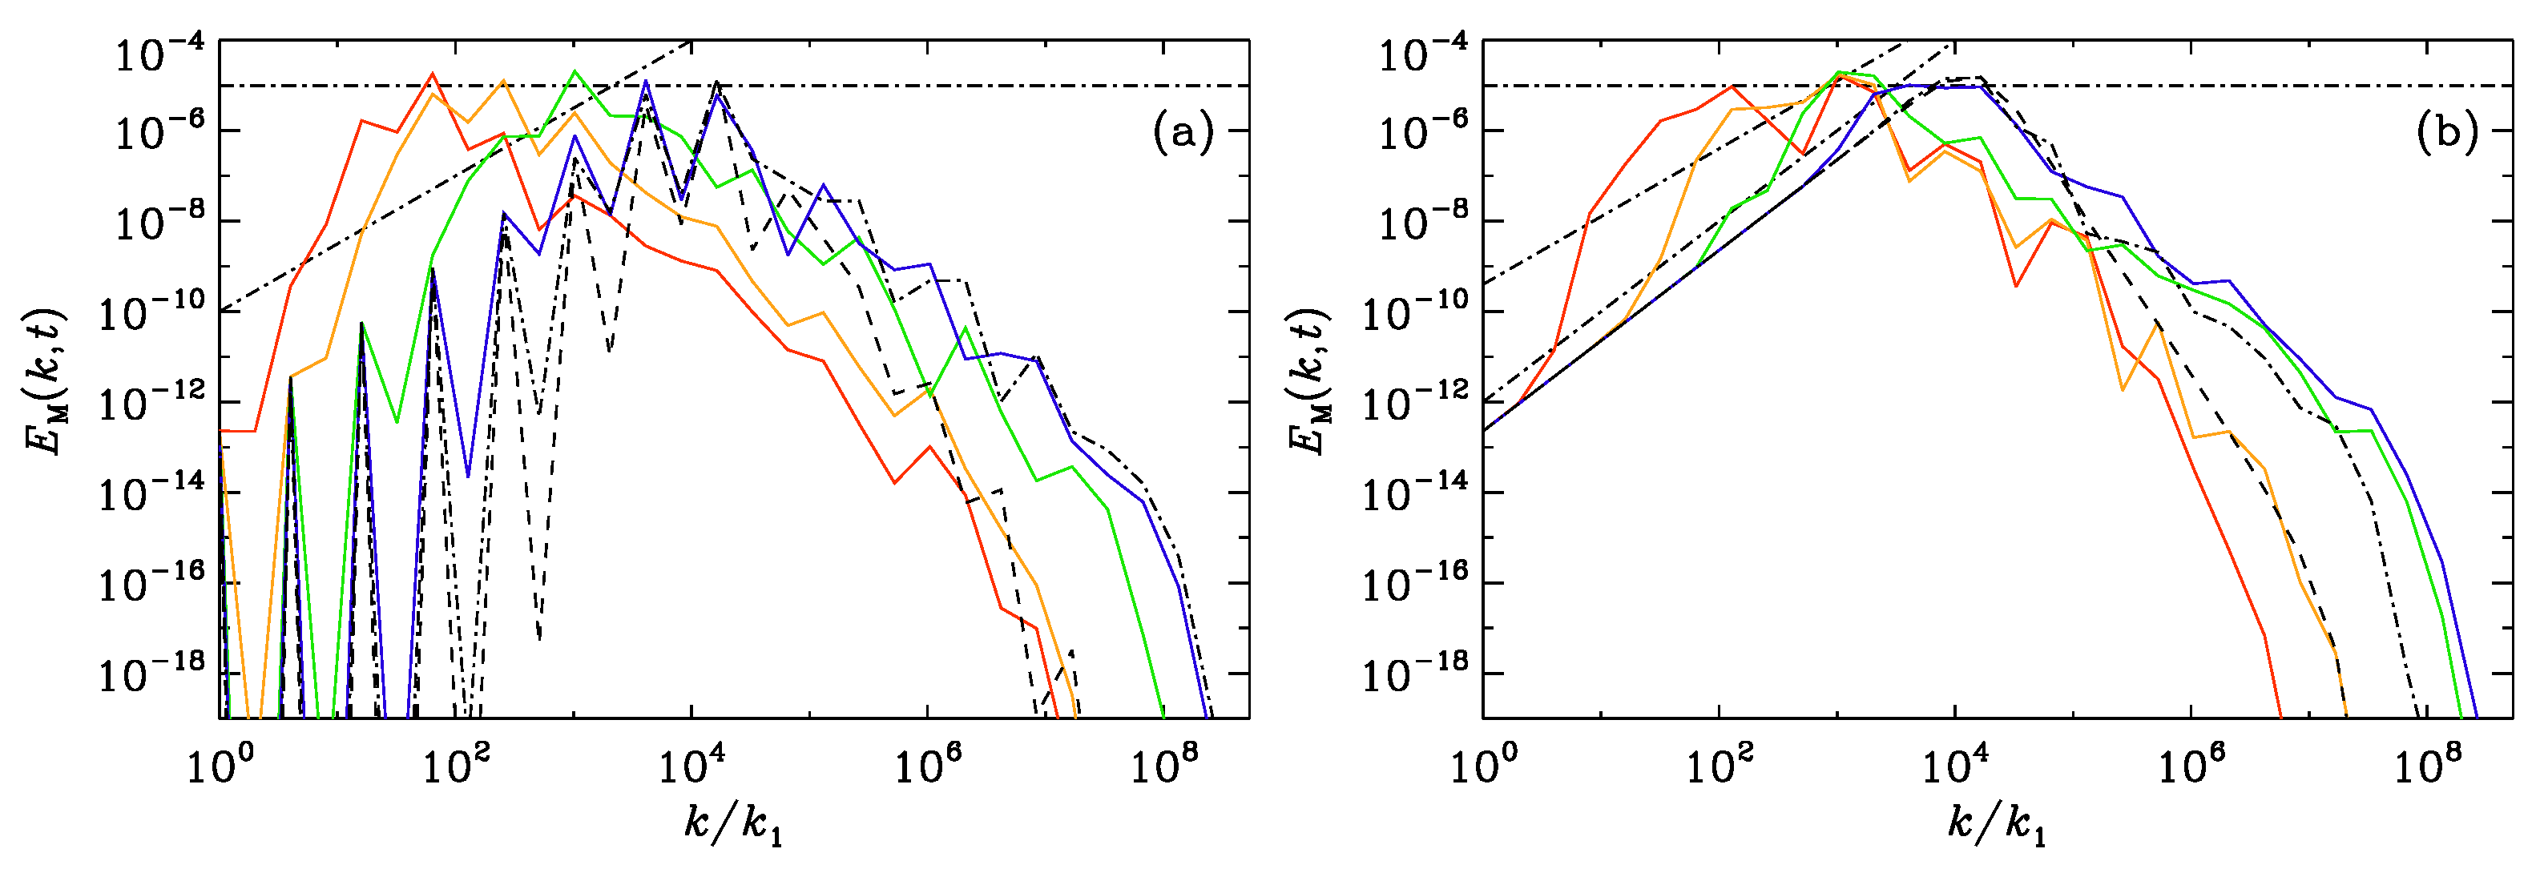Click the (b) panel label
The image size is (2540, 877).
click(2446, 132)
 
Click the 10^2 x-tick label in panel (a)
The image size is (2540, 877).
click(453, 766)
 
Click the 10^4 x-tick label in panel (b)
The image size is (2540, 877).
click(1954, 766)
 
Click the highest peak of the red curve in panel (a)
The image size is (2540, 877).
click(432, 74)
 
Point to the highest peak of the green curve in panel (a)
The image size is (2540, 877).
click(574, 71)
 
